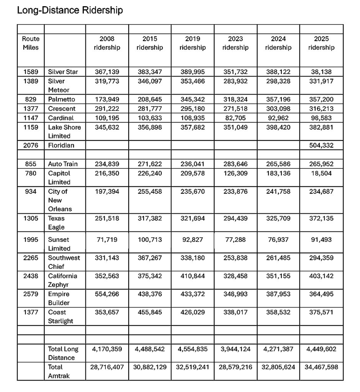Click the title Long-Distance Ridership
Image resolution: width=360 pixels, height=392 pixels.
point(70,10)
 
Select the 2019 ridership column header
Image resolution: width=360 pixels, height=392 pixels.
point(193,43)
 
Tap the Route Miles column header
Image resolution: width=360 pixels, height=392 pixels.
point(31,43)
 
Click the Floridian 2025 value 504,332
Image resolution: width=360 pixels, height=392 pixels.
point(321,145)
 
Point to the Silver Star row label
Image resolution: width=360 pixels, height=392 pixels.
point(63,72)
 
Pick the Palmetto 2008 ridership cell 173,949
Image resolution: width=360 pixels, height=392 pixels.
point(107,99)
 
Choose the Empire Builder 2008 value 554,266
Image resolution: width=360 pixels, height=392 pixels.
point(107,294)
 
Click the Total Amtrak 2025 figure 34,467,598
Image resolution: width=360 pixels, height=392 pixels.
point(321,367)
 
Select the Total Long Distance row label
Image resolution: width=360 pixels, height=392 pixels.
point(63,353)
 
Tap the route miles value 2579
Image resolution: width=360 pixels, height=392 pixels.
point(31,294)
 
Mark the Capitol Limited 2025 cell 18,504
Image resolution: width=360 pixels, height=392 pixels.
point(321,173)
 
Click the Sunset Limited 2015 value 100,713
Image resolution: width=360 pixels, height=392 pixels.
point(150,240)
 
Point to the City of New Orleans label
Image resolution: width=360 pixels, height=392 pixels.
point(60,200)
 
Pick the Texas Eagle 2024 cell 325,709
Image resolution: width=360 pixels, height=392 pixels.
point(278,219)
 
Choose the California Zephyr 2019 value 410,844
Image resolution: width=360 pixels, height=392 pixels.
point(193,276)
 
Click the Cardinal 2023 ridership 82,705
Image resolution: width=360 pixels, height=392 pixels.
point(236,118)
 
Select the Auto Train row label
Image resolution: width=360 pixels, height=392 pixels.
point(63,164)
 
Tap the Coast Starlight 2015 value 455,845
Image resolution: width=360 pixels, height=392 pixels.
point(150,312)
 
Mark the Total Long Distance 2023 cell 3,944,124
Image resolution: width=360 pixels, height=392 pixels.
point(236,349)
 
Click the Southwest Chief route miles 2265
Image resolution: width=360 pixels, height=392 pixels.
point(31,258)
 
